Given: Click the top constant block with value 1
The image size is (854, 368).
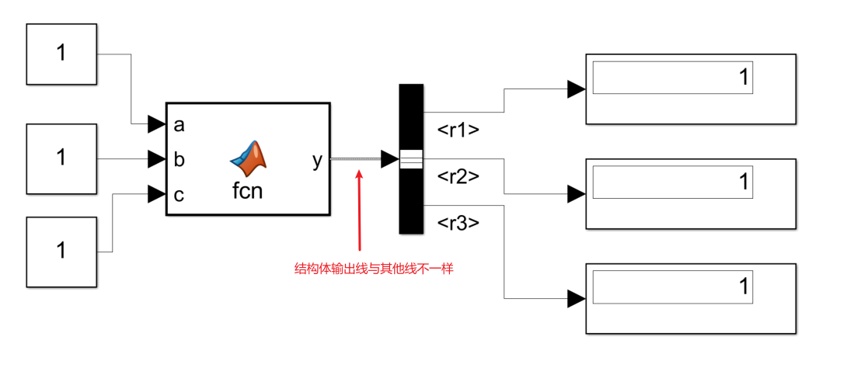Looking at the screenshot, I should (61, 54).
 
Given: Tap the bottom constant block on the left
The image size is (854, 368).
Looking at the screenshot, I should (61, 251).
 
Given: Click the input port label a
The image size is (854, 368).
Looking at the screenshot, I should (179, 124).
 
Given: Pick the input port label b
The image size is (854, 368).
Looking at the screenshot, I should (179, 160).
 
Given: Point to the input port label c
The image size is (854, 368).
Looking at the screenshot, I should (179, 195).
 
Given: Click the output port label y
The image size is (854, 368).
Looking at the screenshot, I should (317, 160).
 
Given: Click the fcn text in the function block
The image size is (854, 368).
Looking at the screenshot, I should (248, 190).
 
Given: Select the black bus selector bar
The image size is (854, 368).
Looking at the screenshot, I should (411, 158).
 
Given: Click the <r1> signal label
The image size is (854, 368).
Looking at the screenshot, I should (458, 130).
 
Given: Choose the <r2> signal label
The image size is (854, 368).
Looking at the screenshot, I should (458, 176).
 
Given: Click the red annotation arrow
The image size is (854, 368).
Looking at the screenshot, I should (358, 210).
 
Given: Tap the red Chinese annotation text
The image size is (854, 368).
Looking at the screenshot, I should (373, 269).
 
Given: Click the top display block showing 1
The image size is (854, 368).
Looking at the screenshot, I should (691, 89).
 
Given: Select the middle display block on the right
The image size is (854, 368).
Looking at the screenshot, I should (691, 193).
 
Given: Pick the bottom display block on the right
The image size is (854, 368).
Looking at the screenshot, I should (691, 298).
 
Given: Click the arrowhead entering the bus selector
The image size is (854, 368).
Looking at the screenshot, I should (389, 159).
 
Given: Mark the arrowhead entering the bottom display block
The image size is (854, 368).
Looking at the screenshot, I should (576, 298).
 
